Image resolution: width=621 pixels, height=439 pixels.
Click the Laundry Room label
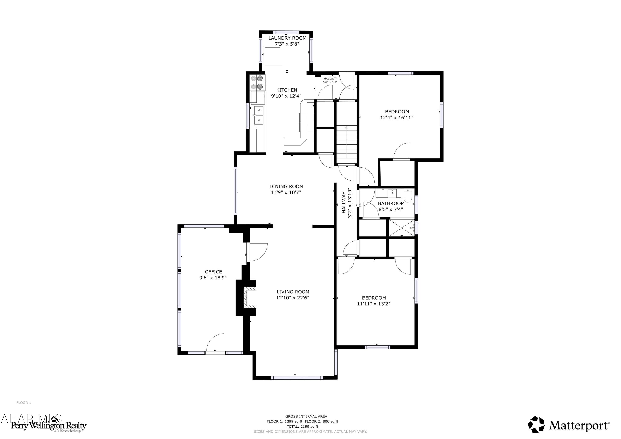287,38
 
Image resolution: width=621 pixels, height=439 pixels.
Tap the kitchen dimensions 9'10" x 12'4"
286,96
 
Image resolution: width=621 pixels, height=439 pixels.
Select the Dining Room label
286,186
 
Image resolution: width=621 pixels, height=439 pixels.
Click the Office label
213,272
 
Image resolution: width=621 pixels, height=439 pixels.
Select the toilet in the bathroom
408,196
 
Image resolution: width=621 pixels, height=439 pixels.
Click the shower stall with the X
401,228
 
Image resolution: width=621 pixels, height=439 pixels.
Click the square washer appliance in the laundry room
273,56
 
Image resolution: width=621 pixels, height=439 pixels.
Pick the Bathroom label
391,203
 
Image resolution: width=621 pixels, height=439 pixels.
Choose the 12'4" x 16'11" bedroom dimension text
397,118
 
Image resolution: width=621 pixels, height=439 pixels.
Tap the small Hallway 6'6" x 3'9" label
330,80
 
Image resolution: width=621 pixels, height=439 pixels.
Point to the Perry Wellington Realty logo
48,426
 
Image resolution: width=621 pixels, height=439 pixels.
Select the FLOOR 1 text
24,403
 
